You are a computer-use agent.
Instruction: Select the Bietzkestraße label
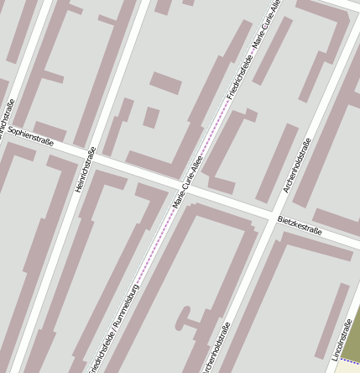point(299,226)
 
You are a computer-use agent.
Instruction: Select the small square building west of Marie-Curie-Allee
point(151,117)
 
